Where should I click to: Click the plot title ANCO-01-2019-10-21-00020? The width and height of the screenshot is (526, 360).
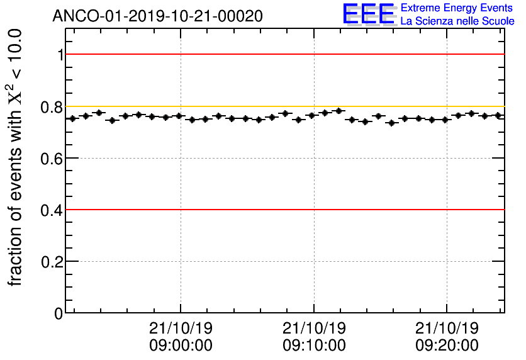[157, 16]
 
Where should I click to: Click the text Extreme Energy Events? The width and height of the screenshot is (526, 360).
[456, 8]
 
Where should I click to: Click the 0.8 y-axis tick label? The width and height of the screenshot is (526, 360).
[52, 107]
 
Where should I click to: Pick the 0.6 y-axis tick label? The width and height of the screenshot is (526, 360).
[52, 158]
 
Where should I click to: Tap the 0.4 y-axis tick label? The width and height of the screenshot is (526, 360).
[52, 210]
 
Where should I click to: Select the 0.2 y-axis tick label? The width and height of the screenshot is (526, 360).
[52, 261]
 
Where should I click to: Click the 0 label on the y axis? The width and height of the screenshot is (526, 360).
[59, 313]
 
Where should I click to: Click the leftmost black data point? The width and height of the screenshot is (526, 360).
[72, 118]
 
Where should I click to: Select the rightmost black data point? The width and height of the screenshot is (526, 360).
[498, 116]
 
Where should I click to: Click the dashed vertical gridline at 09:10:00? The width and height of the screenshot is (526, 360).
[314, 252]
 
